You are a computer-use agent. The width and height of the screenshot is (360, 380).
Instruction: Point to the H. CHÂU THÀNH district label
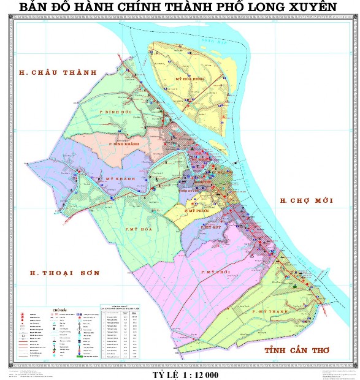[58, 72]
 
